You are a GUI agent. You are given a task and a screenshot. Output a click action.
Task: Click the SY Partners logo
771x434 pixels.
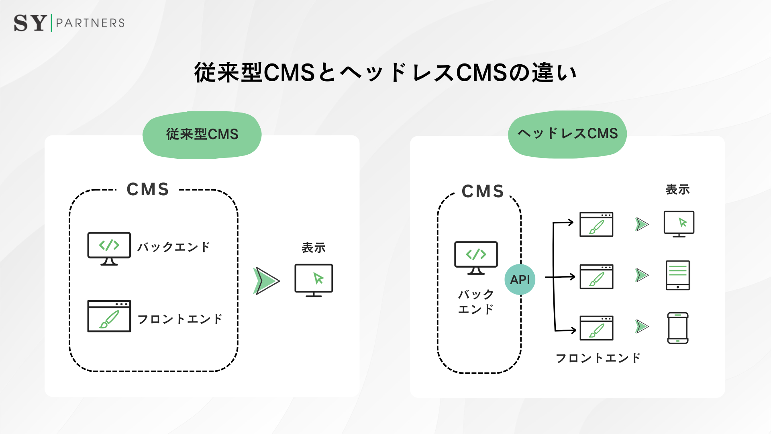pyautogui.click(x=69, y=23)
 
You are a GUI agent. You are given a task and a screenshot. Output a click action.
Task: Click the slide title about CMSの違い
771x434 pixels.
pyautogui.click(x=385, y=73)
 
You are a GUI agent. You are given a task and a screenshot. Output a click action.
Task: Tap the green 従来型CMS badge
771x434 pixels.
pyautogui.click(x=202, y=135)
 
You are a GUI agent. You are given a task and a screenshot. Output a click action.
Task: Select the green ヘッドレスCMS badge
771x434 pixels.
pyautogui.click(x=567, y=134)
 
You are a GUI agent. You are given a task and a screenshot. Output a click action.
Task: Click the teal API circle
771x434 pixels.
pyautogui.click(x=520, y=279)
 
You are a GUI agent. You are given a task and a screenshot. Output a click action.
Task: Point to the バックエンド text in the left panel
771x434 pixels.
pyautogui.click(x=173, y=247)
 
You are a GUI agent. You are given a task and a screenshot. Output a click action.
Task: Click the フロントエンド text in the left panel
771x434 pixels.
pyautogui.click(x=179, y=319)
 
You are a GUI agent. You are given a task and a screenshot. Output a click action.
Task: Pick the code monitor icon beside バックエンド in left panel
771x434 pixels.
pyautogui.click(x=109, y=248)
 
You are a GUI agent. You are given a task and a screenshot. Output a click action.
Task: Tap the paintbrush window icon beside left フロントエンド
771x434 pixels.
pyautogui.click(x=109, y=316)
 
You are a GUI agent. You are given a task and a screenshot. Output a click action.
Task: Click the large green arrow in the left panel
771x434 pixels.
pyautogui.click(x=266, y=280)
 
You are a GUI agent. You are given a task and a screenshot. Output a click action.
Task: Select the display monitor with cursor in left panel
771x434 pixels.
pyautogui.click(x=314, y=280)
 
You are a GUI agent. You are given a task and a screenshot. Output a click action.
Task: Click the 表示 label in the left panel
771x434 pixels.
pyautogui.click(x=314, y=248)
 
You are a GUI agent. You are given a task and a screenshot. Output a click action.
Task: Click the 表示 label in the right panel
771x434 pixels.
pyautogui.click(x=677, y=189)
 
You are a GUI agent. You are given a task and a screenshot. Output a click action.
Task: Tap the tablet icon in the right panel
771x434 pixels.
pyautogui.click(x=677, y=275)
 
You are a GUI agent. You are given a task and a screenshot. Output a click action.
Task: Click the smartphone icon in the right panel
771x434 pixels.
pyautogui.click(x=677, y=328)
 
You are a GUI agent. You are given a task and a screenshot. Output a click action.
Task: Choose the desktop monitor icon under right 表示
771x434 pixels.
pyautogui.click(x=679, y=224)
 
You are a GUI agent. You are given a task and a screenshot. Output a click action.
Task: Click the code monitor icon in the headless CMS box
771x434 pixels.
pyautogui.click(x=476, y=258)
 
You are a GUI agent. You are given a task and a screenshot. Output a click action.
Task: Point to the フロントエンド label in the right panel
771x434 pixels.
pyautogui.click(x=598, y=358)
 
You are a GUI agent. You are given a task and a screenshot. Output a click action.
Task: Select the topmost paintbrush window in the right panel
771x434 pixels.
pyautogui.click(x=596, y=224)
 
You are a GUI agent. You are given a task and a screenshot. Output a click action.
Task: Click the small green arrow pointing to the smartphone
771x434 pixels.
pyautogui.click(x=642, y=326)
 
